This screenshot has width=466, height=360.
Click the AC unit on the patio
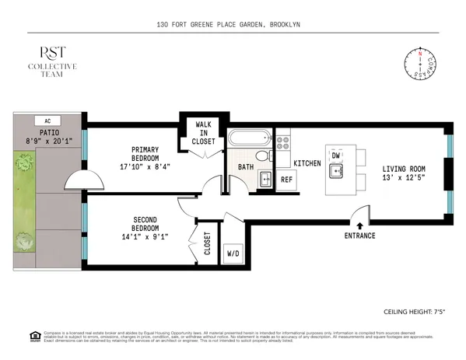(47, 121)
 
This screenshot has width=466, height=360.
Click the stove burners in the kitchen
(284, 143)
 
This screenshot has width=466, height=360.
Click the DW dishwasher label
(335, 156)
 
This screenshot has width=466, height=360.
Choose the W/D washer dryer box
(233, 253)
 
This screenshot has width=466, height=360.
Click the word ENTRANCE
(359, 236)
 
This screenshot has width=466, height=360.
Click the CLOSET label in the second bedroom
(207, 243)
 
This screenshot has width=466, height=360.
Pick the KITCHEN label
(307, 163)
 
